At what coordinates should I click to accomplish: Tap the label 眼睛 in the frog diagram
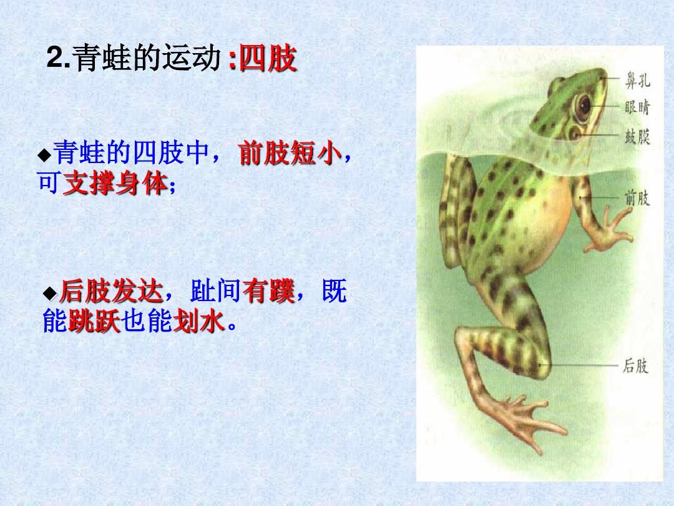click(x=637, y=107)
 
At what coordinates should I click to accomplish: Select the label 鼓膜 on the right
click(x=637, y=136)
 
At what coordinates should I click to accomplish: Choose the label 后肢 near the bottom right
click(x=635, y=365)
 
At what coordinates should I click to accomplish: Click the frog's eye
click(x=584, y=107)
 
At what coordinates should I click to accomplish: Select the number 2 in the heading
click(x=55, y=61)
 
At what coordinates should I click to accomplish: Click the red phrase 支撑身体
click(x=115, y=184)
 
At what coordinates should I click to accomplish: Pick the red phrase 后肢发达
click(x=111, y=292)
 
